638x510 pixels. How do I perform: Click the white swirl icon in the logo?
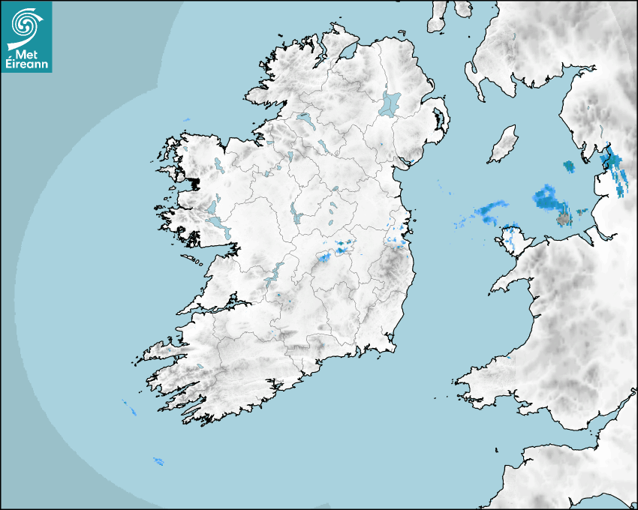pos(26,25)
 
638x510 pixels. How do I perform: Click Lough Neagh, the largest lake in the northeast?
pos(390,103)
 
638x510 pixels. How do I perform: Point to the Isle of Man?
pos(503,145)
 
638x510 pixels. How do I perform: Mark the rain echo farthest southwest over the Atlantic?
pos(158,460)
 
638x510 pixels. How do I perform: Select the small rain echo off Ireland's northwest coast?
pos(187,121)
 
